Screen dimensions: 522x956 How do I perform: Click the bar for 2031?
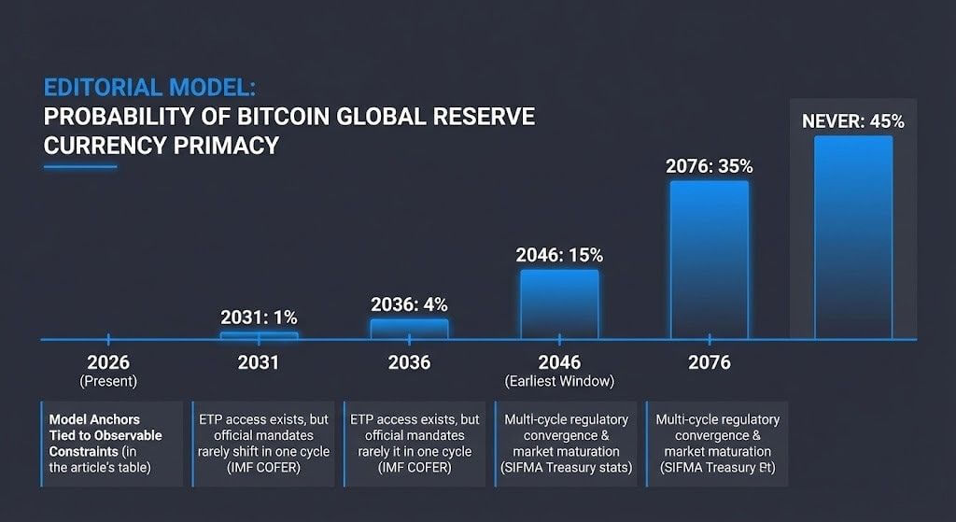[259, 335]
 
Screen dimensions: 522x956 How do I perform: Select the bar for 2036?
[409, 329]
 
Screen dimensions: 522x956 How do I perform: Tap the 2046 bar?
[559, 304]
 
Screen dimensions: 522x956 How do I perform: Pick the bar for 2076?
[709, 260]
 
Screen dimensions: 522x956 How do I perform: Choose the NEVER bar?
[852, 237]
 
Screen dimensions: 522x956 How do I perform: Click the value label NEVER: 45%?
[852, 121]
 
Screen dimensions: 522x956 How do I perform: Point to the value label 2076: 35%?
[709, 166]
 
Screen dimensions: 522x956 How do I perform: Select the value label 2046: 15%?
[559, 255]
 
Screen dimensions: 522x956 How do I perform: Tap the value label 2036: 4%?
[409, 304]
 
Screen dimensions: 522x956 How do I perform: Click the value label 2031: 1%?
[259, 317]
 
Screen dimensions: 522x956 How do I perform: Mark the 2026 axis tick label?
[108, 361]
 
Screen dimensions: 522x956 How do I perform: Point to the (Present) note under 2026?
[108, 381]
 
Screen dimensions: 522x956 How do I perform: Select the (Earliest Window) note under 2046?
[558, 381]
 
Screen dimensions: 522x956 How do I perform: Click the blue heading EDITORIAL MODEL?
[149, 89]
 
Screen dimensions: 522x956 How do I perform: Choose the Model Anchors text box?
[112, 444]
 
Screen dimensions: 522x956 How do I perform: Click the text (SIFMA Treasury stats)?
[565, 467]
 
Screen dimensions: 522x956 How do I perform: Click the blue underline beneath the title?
[80, 167]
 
